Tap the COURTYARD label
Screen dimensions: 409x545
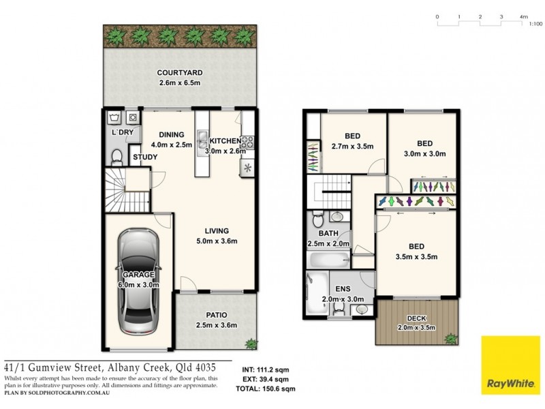[180, 73]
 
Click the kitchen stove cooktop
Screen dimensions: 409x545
[248, 143]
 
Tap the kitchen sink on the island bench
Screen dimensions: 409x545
[202, 141]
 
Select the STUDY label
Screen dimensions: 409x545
[145, 157]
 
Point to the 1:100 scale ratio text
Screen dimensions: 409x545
[535, 24]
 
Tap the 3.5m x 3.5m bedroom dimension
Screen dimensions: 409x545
[416, 256]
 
